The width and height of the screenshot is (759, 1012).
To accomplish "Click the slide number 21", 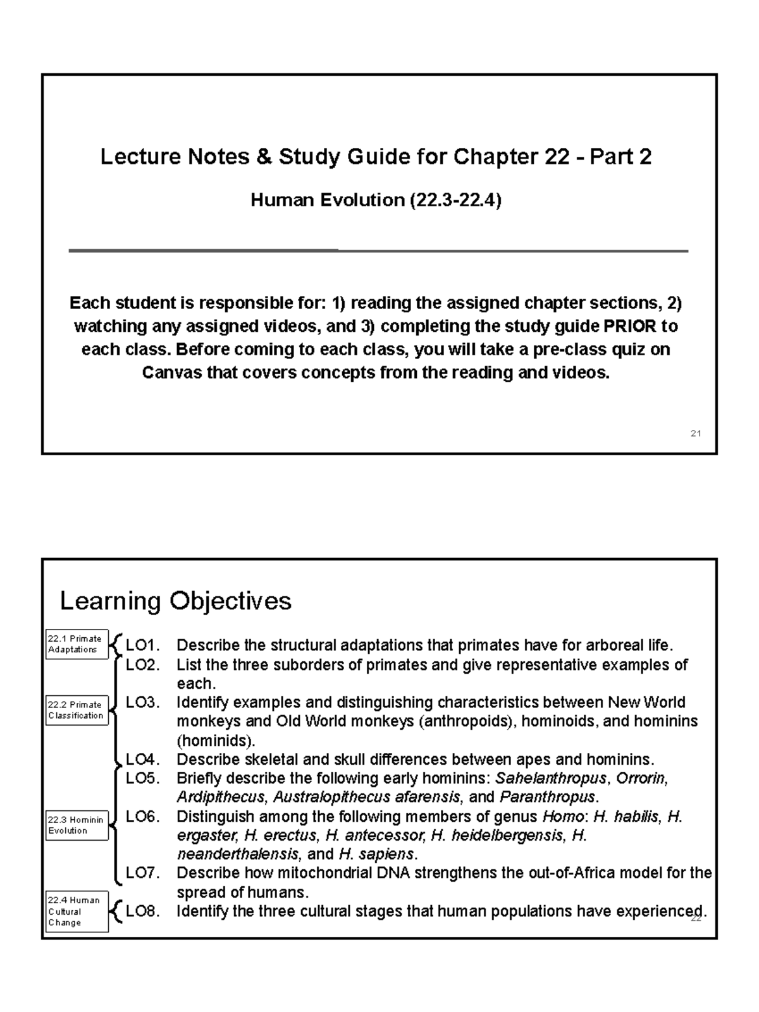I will pyautogui.click(x=695, y=434).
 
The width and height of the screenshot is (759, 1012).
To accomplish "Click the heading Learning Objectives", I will pyautogui.click(x=175, y=600).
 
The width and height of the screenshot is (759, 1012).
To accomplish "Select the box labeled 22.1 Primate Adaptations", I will pyautogui.click(x=77, y=644).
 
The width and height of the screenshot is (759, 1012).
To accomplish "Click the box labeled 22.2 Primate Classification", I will pyautogui.click(x=77, y=710).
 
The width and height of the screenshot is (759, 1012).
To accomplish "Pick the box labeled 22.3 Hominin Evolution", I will pyautogui.click(x=77, y=825).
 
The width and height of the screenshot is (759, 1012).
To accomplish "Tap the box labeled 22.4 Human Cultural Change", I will pyautogui.click(x=77, y=911).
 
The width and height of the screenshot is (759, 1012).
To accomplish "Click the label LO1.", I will pyautogui.click(x=142, y=645).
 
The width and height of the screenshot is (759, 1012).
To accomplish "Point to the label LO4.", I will pyautogui.click(x=142, y=759).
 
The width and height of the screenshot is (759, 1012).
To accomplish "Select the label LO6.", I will pyautogui.click(x=142, y=816).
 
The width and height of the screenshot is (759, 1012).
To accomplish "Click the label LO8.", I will pyautogui.click(x=142, y=911).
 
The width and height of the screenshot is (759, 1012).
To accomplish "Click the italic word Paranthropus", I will pyautogui.click(x=546, y=797).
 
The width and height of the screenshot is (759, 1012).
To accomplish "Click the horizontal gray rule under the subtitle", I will pyautogui.click(x=378, y=251).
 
